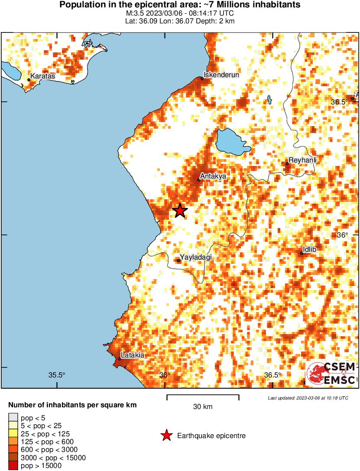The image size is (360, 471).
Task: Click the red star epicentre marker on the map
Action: click(180, 211)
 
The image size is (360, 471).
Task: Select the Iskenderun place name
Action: click(221, 75)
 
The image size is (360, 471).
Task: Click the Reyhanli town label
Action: click(302, 160)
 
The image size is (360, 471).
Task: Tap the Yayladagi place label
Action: click(195, 257)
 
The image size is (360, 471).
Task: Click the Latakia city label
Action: click(132, 355)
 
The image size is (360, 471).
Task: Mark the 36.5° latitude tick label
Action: click(339, 102)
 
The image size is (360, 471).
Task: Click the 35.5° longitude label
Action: click(57, 375)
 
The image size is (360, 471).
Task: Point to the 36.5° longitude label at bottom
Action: click(273, 375)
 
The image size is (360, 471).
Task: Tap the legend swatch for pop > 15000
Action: click(13, 465)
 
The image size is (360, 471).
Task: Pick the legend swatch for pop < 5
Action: click(13, 418)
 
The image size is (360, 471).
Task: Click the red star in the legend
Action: click(166, 435)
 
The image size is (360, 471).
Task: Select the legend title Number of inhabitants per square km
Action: click(73, 406)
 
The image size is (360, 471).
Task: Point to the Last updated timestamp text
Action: click(308, 398)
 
